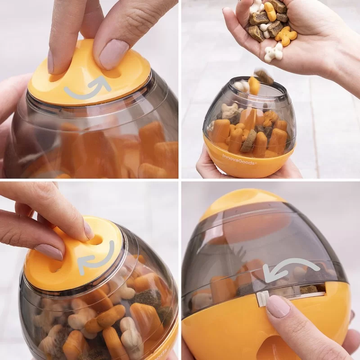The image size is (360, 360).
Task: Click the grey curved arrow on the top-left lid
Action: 88,89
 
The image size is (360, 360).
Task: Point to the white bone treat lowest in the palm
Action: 273,53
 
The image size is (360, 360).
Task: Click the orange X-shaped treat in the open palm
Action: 286,36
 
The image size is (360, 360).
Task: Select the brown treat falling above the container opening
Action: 264,77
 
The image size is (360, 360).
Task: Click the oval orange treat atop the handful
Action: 270,11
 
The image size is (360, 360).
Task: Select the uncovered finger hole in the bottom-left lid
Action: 95,239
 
